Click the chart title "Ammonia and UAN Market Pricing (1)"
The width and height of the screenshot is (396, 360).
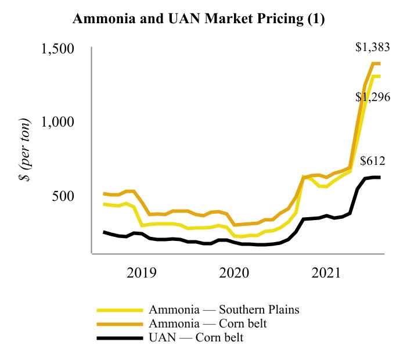point(198,19)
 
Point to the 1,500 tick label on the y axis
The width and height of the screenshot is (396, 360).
point(59,49)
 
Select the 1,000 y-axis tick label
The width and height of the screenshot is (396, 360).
point(59,123)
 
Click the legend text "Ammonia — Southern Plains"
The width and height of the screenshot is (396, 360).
point(224,309)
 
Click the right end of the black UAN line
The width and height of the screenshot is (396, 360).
point(379,177)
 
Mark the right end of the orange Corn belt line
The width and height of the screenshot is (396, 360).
point(379,63)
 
